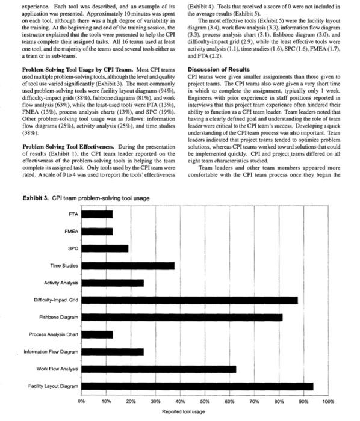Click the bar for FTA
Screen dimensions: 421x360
(x=96, y=214)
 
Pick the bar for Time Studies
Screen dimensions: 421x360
(x=128, y=265)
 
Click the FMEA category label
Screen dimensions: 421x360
(x=69, y=231)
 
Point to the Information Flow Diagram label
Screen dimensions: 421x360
(x=51, y=351)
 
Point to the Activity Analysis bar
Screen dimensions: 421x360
(x=112, y=283)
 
